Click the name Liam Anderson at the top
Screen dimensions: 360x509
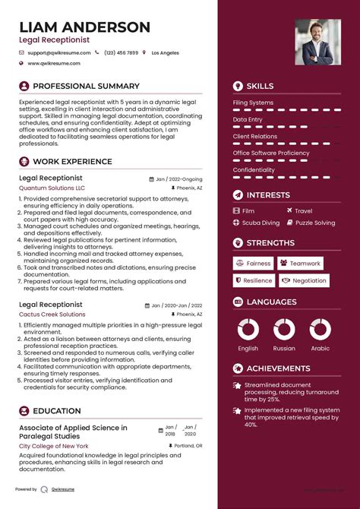tap(84, 27)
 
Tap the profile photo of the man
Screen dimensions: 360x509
tap(318, 43)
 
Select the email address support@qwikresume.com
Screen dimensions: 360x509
tap(58, 53)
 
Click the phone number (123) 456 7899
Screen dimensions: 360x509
tap(122, 53)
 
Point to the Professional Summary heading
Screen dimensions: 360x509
tap(86, 86)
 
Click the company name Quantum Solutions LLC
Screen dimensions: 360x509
tap(52, 188)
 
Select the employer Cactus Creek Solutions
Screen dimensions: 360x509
tap(52, 314)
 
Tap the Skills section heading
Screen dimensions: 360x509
tap(260, 86)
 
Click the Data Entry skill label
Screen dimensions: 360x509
tap(248, 119)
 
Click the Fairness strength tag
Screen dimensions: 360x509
tap(254, 264)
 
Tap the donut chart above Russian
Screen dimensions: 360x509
tap(284, 328)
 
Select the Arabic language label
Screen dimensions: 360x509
tap(321, 349)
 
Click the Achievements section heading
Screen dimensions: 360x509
tap(278, 368)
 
